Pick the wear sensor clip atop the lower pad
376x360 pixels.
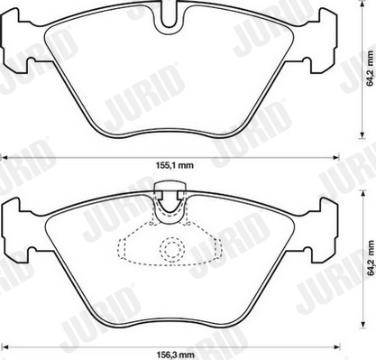click(x=169, y=194)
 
